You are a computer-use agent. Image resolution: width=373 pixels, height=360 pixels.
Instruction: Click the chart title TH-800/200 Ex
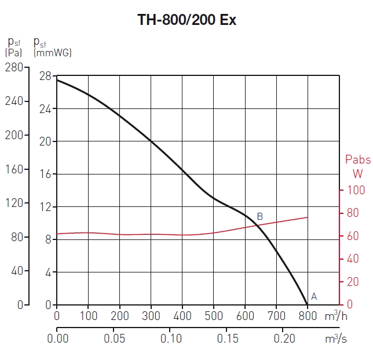[x=186, y=20]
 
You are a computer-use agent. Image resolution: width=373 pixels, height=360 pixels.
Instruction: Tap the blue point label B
[x=260, y=217]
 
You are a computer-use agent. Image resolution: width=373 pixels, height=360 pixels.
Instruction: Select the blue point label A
[x=314, y=296]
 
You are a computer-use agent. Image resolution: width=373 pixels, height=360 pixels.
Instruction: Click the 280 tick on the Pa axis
[x=14, y=67]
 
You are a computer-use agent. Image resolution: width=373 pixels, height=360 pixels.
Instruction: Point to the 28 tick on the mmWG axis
[x=45, y=76]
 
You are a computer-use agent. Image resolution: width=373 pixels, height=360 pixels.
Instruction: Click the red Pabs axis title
[x=357, y=159]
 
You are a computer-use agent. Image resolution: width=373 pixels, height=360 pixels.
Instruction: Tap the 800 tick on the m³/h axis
[x=308, y=317]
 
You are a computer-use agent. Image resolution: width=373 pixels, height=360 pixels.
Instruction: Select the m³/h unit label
[x=335, y=316]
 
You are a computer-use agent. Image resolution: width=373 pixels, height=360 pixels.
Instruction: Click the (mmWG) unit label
[x=53, y=53]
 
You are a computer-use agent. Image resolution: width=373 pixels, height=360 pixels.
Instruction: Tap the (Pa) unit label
[x=14, y=53]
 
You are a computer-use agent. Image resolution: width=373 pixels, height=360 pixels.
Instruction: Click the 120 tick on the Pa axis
[x=14, y=203]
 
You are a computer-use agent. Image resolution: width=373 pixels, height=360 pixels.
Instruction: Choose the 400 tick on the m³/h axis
[x=182, y=317]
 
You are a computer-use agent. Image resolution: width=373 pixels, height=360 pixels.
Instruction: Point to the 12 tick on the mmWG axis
[x=45, y=207]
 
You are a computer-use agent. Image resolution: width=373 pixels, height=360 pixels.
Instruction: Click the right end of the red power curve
[x=308, y=217]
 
